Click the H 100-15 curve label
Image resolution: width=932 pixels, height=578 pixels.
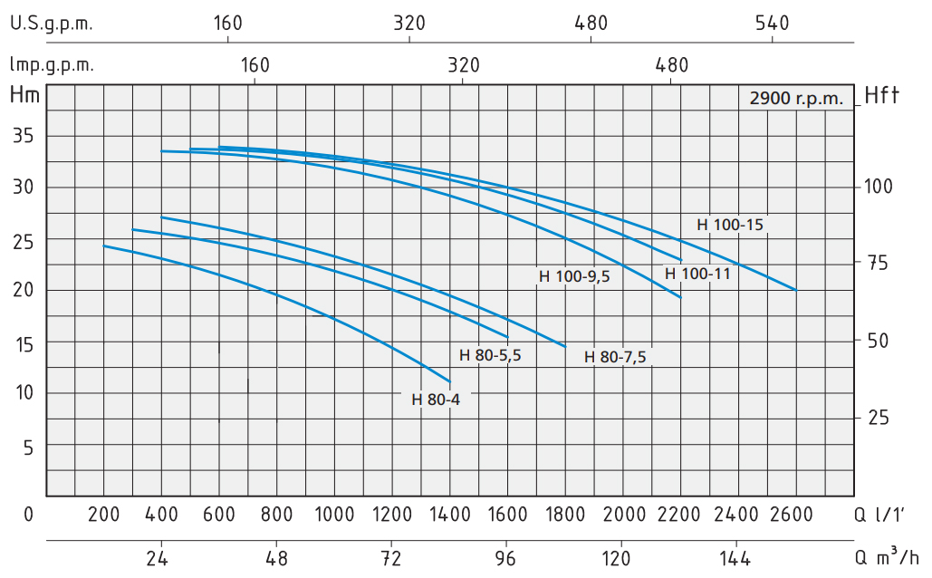pyautogui.click(x=732, y=224)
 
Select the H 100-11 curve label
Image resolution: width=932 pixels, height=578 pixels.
pyautogui.click(x=697, y=273)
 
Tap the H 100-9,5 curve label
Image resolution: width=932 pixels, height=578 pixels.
pyautogui.click(x=575, y=277)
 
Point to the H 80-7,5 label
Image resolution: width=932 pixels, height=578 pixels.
pyautogui.click(x=615, y=356)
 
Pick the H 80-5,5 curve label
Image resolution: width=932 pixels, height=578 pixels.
pyautogui.click(x=490, y=355)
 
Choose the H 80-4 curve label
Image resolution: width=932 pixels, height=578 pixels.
pyautogui.click(x=436, y=400)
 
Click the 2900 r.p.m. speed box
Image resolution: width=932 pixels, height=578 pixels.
pyautogui.click(x=796, y=98)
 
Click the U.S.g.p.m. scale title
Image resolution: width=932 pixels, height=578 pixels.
pyautogui.click(x=52, y=24)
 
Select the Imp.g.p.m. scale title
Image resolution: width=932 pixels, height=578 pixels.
pyautogui.click(x=52, y=64)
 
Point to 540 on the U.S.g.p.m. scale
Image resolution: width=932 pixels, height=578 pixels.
pyautogui.click(x=773, y=24)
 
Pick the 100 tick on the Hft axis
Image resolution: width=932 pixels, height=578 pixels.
pyautogui.click(x=879, y=187)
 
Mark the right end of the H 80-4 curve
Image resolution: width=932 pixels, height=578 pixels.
pyautogui.click(x=450, y=381)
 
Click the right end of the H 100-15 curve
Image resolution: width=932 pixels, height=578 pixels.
pyautogui.click(x=796, y=290)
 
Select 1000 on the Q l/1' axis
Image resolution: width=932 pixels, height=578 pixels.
pyautogui.click(x=334, y=515)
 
